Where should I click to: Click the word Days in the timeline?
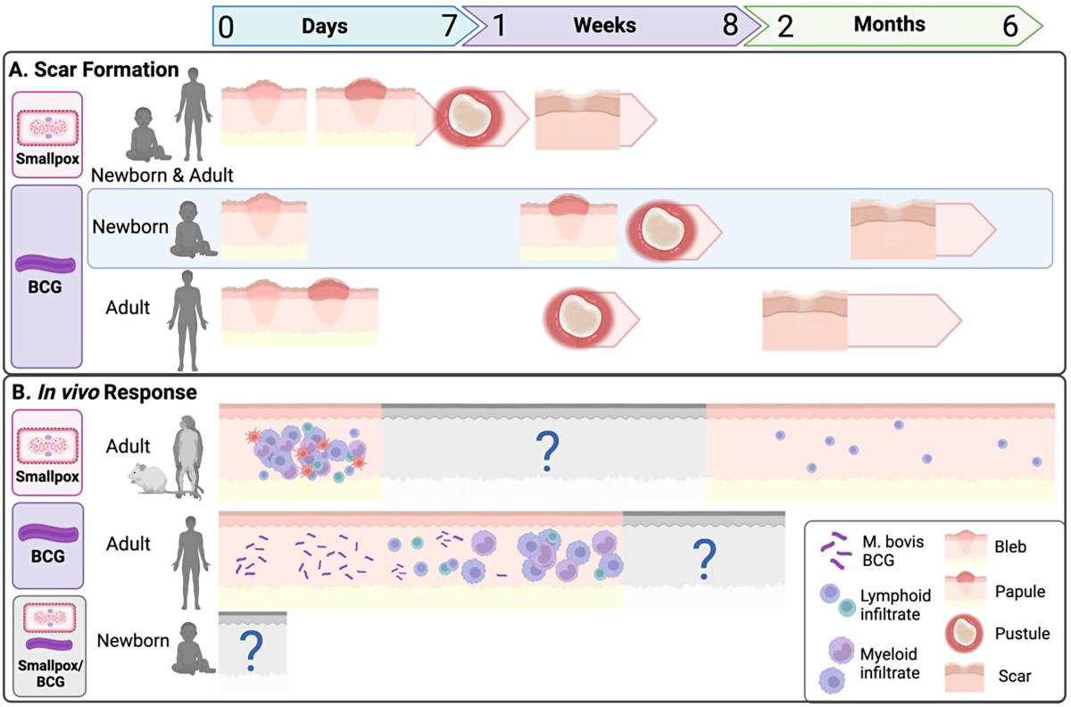tap(324, 26)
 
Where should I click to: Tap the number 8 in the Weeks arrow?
tap(730, 26)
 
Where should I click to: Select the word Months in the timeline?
tap(890, 26)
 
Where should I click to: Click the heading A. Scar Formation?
tap(95, 69)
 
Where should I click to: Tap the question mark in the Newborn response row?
tap(252, 652)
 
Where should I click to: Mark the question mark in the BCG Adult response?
tap(703, 559)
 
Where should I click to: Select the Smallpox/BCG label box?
tap(47, 646)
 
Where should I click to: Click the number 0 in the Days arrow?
tap(227, 27)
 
